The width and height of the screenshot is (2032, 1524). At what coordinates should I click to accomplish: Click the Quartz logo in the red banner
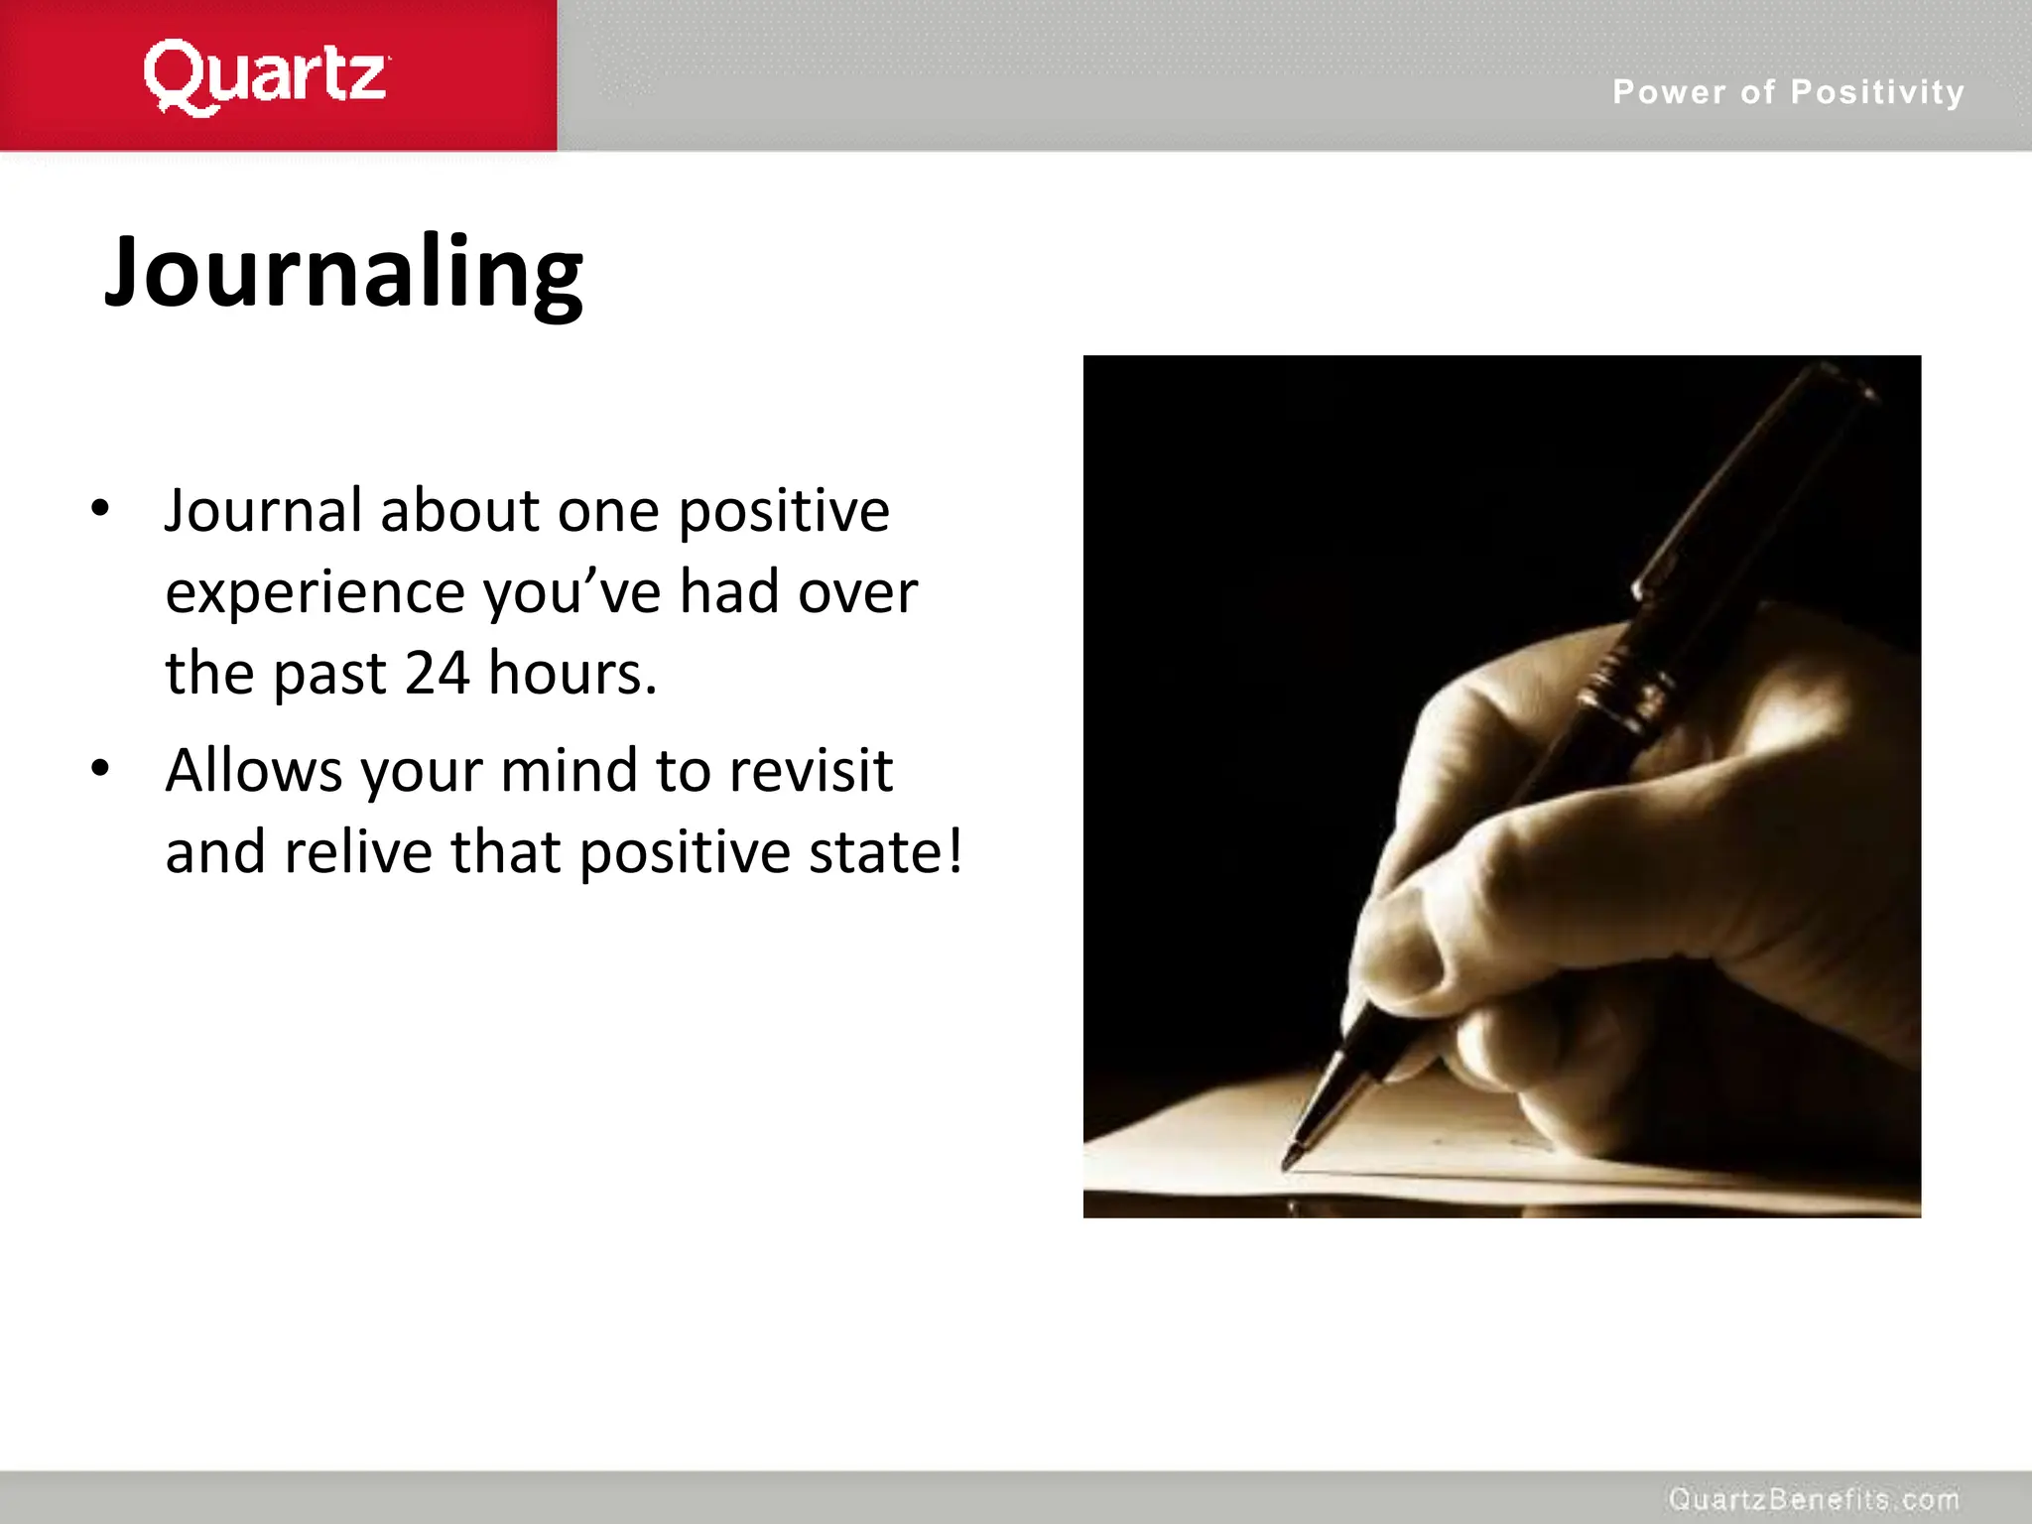tap(266, 76)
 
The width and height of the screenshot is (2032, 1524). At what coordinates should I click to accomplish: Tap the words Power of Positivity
tap(1788, 92)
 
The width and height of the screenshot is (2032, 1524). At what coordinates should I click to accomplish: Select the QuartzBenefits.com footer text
tap(1814, 1498)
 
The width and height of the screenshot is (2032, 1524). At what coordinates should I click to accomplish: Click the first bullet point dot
tap(99, 509)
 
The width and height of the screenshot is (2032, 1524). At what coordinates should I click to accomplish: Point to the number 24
tap(437, 674)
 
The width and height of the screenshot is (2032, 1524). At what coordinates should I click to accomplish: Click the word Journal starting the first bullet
tap(263, 511)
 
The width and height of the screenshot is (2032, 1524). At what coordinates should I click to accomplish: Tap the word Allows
tap(254, 771)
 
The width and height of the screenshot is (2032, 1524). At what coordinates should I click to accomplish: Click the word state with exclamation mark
tap(885, 852)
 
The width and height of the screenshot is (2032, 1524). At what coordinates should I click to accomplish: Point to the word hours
tap(571, 674)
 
